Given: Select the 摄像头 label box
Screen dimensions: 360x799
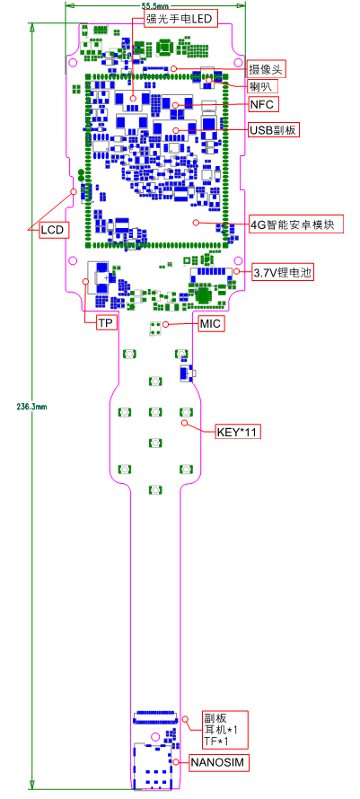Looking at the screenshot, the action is [x=267, y=69].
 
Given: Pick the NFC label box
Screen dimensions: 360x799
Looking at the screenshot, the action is [x=263, y=105].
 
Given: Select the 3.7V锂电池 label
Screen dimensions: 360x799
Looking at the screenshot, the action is [x=282, y=273].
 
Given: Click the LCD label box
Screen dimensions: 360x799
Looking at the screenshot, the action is [x=53, y=230].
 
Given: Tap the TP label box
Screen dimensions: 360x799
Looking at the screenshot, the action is [x=106, y=323].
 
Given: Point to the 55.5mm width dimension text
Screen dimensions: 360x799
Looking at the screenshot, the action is [x=155, y=5].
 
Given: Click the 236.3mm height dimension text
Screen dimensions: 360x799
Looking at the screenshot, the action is [x=31, y=407].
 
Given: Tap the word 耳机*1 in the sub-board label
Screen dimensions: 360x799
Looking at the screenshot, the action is [x=215, y=729].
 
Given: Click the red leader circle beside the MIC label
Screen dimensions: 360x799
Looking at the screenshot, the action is [x=165, y=324].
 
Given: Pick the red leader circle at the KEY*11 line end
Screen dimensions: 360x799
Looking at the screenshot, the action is [x=186, y=423].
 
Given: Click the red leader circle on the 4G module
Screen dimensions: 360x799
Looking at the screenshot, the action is [x=196, y=222].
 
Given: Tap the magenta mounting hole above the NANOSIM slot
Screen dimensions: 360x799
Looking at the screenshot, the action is [x=155, y=736].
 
